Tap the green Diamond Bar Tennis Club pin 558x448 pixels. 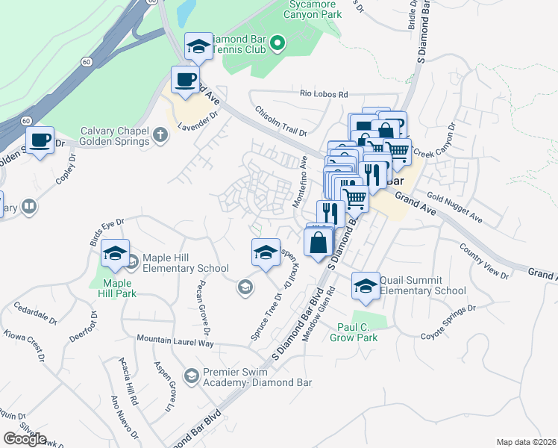tap(278, 43)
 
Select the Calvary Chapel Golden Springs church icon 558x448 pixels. tap(159, 135)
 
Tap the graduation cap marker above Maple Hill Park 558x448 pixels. tap(116, 255)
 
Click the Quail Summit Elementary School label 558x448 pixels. tap(422, 286)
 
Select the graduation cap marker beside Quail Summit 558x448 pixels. tap(366, 286)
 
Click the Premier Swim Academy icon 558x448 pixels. tap(192, 376)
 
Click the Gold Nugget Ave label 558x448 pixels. tap(455, 207)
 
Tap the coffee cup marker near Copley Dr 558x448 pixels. tap(40, 140)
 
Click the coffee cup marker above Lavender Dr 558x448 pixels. tap(186, 79)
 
